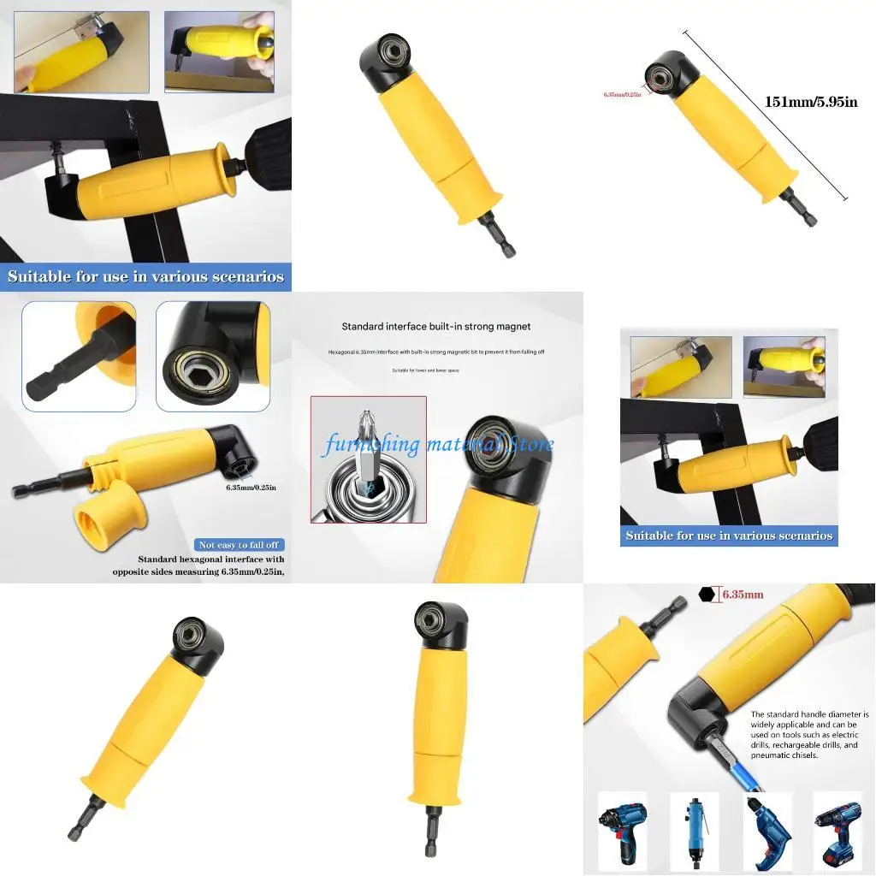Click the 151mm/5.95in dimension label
pyautogui.click(x=810, y=102)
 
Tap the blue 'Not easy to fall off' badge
pyautogui.click(x=240, y=545)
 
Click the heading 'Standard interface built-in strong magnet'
pyautogui.click(x=436, y=326)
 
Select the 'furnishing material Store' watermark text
pyautogui.click(x=438, y=444)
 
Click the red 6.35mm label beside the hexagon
pyautogui.click(x=743, y=594)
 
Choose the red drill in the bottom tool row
pyautogui.click(x=767, y=830)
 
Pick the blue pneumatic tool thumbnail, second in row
pyautogui.click(x=695, y=830)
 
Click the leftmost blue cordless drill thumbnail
pyautogui.click(x=622, y=830)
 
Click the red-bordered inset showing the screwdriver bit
pyautogui.click(x=369, y=459)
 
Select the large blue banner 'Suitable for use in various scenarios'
pyautogui.click(x=145, y=276)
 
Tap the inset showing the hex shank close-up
pyautogui.click(x=79, y=356)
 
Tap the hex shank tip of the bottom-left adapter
pyautogui.click(x=74, y=829)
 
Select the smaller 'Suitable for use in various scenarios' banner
pyautogui.click(x=729, y=536)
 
